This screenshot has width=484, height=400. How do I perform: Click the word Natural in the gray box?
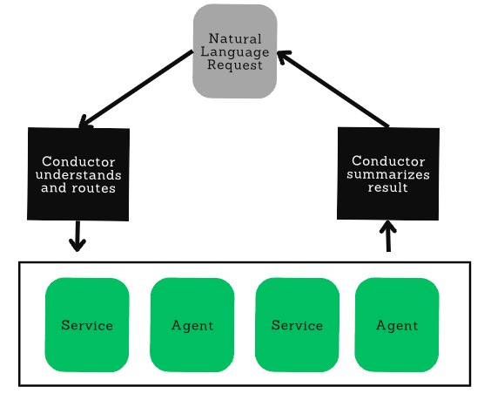coord(235,39)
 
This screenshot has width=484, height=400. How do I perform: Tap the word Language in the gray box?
coord(235,52)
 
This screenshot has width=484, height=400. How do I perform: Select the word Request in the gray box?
coord(235,65)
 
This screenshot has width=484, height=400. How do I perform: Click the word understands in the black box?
coord(78,175)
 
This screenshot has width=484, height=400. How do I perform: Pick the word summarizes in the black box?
coord(388,174)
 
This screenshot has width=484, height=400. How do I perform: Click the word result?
coord(388,187)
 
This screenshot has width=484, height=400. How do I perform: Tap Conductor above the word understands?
coord(78,162)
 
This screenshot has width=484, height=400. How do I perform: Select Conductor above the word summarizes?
coord(388,161)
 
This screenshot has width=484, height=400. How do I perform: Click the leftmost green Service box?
coord(87,325)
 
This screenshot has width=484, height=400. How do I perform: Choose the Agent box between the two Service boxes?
coord(192,325)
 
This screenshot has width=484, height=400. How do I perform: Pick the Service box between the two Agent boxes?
coord(297,325)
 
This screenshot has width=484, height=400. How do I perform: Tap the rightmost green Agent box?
coord(397,325)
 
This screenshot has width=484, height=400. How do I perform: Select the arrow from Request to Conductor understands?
coord(136,90)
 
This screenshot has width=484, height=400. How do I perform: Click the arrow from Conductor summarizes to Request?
coord(333,89)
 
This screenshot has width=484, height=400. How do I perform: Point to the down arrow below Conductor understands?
coord(77,236)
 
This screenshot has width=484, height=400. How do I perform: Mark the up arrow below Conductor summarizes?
coord(388,235)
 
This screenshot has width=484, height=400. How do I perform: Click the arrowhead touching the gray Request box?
coord(282,56)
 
